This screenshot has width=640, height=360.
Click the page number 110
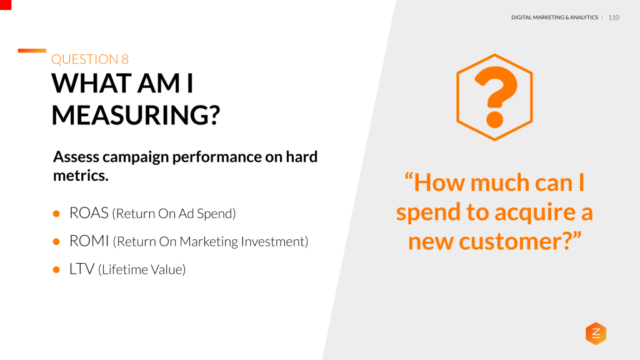[613, 17]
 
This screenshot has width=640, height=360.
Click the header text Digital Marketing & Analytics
[554, 17]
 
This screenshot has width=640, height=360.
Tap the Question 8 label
[90, 59]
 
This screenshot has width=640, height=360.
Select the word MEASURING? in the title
[136, 115]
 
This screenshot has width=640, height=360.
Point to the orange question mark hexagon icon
[494, 97]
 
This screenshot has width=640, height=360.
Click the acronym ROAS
[89, 213]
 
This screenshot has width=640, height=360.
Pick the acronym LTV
[82, 269]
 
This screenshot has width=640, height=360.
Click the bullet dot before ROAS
[56, 214]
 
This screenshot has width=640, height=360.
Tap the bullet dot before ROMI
[56, 242]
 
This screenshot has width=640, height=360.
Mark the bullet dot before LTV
[56, 270]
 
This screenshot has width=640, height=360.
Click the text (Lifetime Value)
[142, 270]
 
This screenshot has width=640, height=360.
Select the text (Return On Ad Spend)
[174, 214]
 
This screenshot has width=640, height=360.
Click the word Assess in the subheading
[76, 156]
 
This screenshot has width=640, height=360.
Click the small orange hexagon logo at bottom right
[596, 334]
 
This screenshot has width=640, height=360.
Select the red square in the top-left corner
[6, 4]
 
